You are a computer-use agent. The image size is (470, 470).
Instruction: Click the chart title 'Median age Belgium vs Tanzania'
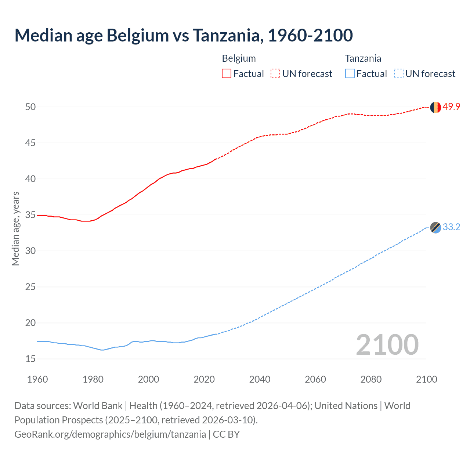(x=184, y=35)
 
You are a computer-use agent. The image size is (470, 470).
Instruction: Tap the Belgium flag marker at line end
(x=435, y=107)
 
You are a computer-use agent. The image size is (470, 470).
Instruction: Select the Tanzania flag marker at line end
(x=435, y=228)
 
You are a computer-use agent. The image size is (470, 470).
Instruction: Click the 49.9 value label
(x=451, y=107)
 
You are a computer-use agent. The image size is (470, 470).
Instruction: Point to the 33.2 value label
(x=451, y=227)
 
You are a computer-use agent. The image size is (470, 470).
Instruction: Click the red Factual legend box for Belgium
(x=227, y=74)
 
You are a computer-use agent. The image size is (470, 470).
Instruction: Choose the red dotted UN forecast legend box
(x=275, y=74)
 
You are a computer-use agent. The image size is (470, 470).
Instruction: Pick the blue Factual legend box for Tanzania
(x=350, y=74)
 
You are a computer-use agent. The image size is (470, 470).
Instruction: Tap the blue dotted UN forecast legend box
(x=399, y=74)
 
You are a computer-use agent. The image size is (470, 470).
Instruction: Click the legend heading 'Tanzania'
(x=363, y=58)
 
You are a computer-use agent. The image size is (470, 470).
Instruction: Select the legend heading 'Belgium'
(x=239, y=58)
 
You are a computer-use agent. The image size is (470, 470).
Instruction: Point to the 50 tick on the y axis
(x=30, y=107)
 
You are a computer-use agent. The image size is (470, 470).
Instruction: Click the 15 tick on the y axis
(x=30, y=359)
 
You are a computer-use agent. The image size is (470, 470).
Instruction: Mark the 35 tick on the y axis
(x=30, y=215)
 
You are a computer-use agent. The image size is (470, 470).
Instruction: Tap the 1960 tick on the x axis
(x=37, y=379)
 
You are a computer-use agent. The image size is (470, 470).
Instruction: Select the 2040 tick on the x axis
(x=260, y=379)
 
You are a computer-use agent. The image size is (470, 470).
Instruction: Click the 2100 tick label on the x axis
(x=426, y=379)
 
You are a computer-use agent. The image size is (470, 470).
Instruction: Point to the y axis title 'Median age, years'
(x=15, y=228)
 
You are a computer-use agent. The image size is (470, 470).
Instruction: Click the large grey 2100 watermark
(x=387, y=344)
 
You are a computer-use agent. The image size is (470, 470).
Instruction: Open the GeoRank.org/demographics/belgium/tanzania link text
(x=110, y=434)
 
